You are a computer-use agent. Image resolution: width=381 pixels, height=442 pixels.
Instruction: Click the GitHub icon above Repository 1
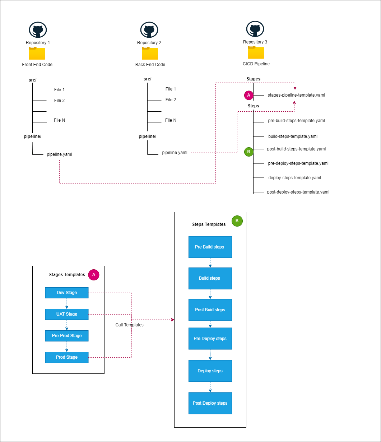(38, 30)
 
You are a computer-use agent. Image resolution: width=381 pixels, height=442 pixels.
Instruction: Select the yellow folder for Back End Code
(150, 53)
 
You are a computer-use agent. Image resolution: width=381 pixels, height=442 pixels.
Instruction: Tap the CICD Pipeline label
(256, 64)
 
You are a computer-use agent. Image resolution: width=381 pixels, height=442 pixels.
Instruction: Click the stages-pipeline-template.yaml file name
(296, 95)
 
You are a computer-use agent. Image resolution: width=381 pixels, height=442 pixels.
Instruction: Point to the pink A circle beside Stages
(248, 95)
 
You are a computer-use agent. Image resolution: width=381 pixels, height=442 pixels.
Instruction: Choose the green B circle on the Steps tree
(248, 152)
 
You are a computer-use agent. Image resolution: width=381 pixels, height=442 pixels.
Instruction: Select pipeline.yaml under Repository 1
(59, 154)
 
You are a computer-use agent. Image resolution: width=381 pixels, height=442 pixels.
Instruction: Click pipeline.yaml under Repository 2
(175, 153)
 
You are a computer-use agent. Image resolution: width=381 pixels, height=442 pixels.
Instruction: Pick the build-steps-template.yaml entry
(293, 136)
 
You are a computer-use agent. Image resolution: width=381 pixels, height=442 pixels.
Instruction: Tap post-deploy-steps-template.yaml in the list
(298, 192)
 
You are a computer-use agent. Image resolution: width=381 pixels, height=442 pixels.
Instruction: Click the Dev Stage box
(67, 293)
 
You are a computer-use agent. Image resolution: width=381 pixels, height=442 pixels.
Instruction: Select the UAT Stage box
(67, 314)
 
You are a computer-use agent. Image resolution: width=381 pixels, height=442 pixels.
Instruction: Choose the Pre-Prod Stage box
(67, 336)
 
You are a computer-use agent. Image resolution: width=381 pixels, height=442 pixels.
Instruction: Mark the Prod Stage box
(67, 357)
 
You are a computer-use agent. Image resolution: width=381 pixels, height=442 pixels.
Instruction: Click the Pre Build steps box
(210, 247)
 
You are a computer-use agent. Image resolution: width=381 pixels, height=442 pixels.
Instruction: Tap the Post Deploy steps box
(210, 403)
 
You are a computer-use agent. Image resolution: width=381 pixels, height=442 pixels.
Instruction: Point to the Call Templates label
(129, 325)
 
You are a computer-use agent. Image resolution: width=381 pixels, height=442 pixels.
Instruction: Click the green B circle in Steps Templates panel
(237, 221)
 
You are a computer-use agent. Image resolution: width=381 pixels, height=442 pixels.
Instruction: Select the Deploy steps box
(210, 371)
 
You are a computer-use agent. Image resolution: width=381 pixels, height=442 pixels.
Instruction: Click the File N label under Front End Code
(59, 120)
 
